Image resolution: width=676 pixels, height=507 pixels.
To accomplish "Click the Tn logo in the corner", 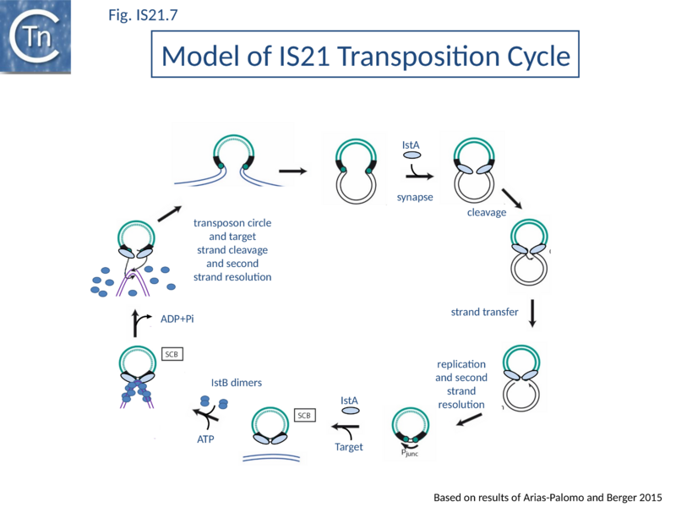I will (35, 35).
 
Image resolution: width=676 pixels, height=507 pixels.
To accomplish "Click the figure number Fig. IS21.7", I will (143, 14).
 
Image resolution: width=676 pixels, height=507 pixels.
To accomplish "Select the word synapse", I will (415, 198).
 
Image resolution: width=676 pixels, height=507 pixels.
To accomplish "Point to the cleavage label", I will (488, 212).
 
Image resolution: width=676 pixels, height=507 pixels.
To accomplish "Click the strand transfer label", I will (484, 312).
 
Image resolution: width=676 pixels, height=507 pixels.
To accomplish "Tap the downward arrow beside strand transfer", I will (532, 313).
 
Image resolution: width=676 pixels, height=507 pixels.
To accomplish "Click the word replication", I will (461, 364).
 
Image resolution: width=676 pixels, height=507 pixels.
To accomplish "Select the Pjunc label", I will (410, 453).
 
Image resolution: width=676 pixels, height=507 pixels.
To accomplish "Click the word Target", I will (349, 446).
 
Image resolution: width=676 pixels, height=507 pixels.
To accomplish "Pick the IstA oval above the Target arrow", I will (350, 412).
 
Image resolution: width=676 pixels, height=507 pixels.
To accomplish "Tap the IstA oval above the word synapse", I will (412, 156).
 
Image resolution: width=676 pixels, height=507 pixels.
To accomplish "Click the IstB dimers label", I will (237, 382).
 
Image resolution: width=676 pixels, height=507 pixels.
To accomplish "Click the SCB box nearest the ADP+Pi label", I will (172, 353).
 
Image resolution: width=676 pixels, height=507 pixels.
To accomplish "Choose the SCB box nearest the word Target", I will (304, 415).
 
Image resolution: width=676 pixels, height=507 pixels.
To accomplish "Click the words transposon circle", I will (232, 223).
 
